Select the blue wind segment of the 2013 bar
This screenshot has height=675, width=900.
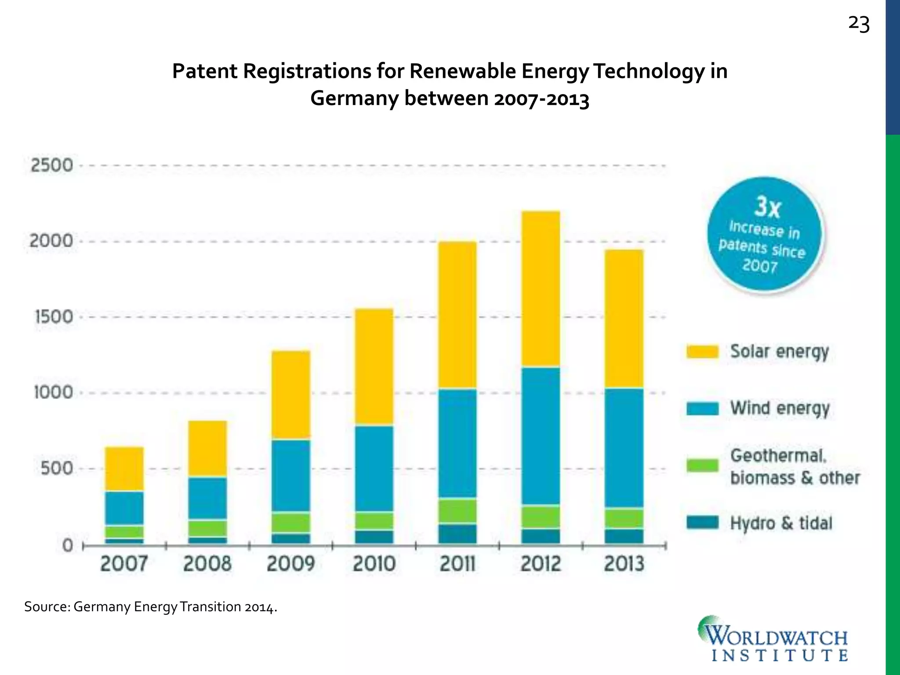624,447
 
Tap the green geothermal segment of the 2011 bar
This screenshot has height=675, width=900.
457,511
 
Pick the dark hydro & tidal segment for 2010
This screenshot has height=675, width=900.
374,537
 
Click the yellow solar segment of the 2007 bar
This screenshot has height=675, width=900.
124,468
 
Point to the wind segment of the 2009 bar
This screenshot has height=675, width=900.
290,475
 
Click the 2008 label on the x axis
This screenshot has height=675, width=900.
207,564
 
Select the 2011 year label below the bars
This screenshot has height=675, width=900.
457,564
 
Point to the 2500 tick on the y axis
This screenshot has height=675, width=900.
51,166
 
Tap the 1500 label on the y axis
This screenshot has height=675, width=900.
53,317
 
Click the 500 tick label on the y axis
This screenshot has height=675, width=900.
56,468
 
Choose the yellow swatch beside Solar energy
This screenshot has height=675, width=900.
702,352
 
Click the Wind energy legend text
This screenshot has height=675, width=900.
780,408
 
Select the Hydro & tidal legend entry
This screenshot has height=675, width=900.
781,523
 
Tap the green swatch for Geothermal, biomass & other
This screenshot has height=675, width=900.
702,465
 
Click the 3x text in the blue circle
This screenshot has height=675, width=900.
767,207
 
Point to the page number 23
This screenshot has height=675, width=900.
859,24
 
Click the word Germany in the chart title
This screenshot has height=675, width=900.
354,98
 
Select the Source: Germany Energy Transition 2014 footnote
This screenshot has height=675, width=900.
151,607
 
